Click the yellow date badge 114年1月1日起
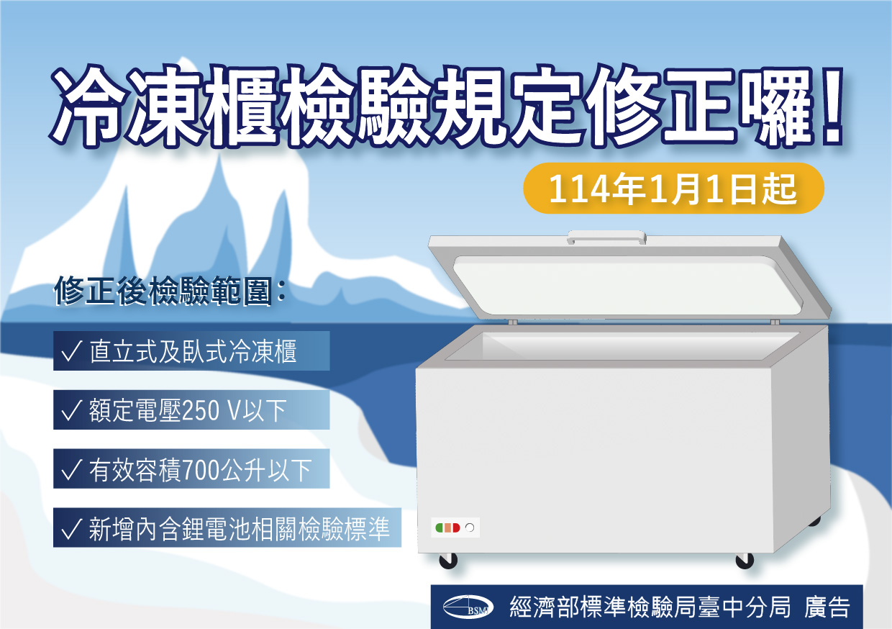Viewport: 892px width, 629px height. tap(673, 189)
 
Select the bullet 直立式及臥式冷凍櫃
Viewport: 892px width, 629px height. tap(191, 351)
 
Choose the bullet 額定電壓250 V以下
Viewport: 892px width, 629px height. tap(191, 410)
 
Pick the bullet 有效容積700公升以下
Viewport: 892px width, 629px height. tap(191, 469)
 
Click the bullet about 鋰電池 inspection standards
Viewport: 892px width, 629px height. tap(227, 528)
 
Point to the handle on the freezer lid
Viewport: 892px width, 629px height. tap(606, 235)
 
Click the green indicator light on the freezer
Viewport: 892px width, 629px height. tap(438, 528)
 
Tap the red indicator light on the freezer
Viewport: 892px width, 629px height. tap(456, 528)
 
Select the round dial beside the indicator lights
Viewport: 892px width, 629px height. tap(470, 528)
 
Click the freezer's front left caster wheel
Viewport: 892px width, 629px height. tap(447, 560)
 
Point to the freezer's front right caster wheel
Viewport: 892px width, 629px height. tap(745, 560)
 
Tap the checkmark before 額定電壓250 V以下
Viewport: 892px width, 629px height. tap(71, 411)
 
